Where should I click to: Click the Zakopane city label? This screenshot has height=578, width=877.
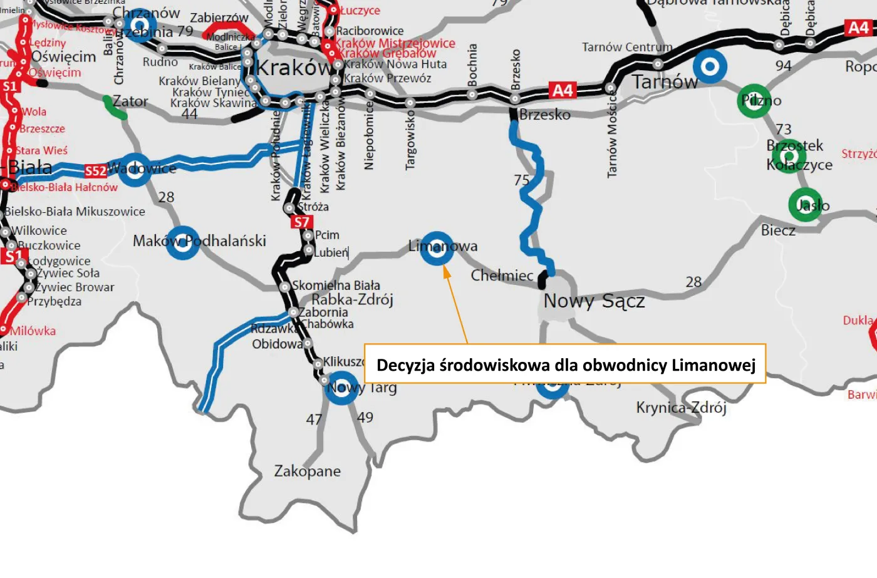coord(307,472)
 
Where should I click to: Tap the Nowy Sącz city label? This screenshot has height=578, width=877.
coord(594,301)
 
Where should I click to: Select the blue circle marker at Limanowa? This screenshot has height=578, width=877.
coord(437,248)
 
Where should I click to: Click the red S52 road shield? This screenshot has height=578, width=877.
coord(95,171)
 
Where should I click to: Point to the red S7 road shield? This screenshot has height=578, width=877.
coord(301,222)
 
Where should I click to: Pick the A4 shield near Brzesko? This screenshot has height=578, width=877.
coord(562,91)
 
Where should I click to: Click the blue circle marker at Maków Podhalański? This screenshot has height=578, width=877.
coord(182,242)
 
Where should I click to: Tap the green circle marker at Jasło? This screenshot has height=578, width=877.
coord(805,205)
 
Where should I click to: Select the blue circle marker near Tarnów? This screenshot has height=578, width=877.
coord(710,66)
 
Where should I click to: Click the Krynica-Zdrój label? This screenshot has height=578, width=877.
coord(681,408)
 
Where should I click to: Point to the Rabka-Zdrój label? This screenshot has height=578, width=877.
coord(352,300)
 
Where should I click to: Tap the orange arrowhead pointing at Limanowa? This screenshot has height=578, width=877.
coord(447,272)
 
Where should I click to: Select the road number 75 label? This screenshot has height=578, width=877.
coord(522,180)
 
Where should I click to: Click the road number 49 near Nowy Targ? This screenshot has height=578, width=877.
coord(365,417)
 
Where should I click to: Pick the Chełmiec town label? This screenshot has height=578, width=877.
coord(502,276)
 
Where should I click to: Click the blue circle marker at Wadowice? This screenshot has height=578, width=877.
coord(135,170)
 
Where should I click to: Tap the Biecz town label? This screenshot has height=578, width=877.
coord(778,230)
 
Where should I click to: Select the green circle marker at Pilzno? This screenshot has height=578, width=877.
coord(754,101)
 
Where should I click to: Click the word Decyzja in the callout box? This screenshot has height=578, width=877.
coord(405,365)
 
